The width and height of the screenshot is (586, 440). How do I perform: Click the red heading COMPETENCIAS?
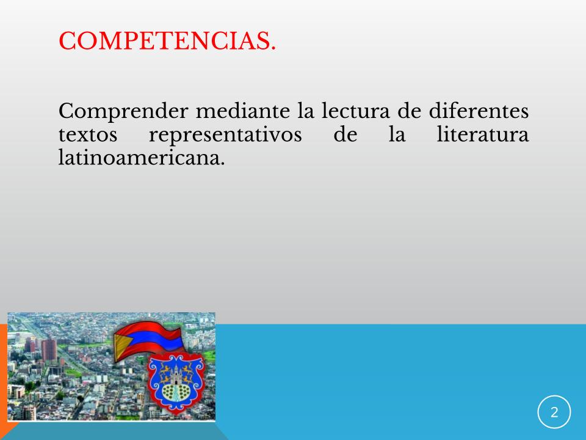167,40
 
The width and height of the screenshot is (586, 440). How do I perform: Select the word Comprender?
123,111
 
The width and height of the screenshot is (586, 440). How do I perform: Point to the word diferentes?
479,111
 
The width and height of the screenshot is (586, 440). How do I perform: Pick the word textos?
88,134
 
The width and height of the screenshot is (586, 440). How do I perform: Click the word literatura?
483,134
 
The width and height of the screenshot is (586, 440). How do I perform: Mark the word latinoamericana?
142,157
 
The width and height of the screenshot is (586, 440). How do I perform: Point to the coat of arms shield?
176,382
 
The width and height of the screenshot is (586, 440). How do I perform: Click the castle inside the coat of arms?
176,375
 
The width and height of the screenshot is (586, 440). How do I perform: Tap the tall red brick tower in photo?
49,350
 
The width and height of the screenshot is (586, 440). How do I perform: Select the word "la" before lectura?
306,111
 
